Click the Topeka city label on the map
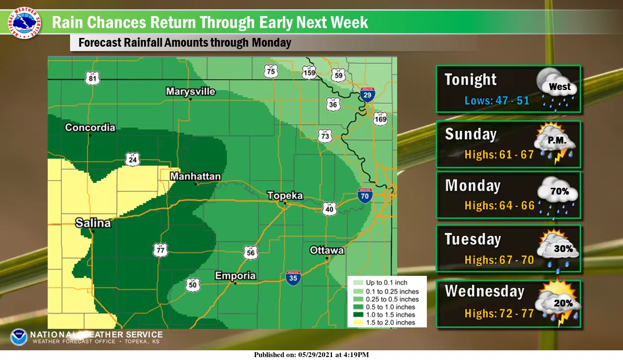coord(285,196)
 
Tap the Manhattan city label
coord(195,176)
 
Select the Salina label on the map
coord(93,223)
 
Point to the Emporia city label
coord(235,276)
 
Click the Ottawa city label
coord(327,250)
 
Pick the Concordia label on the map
coord(90,127)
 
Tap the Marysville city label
coord(190,91)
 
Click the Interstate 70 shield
coord(365,195)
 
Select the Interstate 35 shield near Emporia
coord(293,277)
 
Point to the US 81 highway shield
coord(92,78)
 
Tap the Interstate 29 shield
coord(368,95)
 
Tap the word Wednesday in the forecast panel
coord(484,291)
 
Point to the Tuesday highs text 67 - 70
coord(499,260)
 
